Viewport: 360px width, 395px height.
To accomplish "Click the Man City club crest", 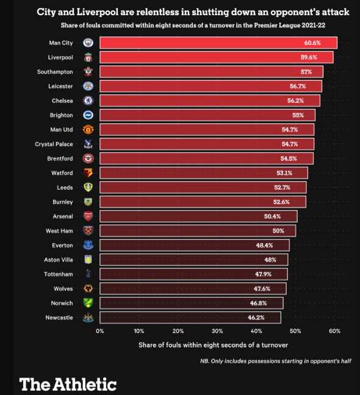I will pyautogui.click(x=87, y=43).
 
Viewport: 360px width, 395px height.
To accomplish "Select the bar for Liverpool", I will pyautogui.click(x=216, y=57).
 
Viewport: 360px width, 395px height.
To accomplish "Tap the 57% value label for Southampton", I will pyautogui.click(x=306, y=72).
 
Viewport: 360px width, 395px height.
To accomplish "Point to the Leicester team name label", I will pyautogui.click(x=60, y=87).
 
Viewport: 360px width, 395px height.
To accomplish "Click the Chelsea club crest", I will pyautogui.click(x=87, y=101).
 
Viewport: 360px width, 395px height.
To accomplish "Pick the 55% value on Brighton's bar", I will pyautogui.click(x=298, y=115).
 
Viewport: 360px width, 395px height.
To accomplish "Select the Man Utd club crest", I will pyautogui.click(x=87, y=130).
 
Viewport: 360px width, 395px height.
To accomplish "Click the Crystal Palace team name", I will pyautogui.click(x=54, y=144).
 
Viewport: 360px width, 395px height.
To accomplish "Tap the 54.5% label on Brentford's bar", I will pyautogui.click(x=297, y=158).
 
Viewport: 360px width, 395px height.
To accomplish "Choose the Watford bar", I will pyautogui.click(x=203, y=173).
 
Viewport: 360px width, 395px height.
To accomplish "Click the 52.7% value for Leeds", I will pyautogui.click(x=290, y=188).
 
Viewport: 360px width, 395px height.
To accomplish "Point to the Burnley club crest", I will pyautogui.click(x=87, y=202).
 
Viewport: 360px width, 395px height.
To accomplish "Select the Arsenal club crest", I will pyautogui.click(x=87, y=216).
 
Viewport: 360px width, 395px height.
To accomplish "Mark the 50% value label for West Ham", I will pyautogui.click(x=278, y=231).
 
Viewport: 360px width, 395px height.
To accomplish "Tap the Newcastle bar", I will pyautogui.click(x=190, y=318).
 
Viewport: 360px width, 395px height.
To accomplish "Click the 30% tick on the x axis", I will pyautogui.click(x=217, y=331).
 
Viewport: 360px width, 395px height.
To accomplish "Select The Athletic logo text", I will pyautogui.click(x=68, y=384).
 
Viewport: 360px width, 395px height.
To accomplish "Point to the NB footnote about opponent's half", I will pyautogui.click(x=275, y=361).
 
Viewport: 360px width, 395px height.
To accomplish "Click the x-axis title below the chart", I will pyautogui.click(x=217, y=345).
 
